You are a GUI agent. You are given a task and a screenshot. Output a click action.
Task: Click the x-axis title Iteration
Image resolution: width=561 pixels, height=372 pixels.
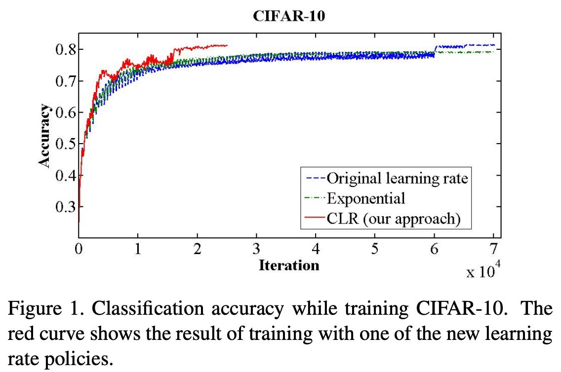tap(289, 265)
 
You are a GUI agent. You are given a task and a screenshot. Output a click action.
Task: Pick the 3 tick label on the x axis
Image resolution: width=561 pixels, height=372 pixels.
tap(257, 249)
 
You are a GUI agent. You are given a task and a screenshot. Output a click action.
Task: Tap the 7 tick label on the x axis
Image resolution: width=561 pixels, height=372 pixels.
tap(494, 249)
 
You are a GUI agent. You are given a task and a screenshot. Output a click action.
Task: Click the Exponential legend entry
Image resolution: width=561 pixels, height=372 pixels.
tap(366, 198)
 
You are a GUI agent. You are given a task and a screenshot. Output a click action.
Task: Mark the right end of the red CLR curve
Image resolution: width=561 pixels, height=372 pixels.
tap(227, 45)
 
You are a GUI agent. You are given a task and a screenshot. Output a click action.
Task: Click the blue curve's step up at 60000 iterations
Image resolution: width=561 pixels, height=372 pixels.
tap(435, 50)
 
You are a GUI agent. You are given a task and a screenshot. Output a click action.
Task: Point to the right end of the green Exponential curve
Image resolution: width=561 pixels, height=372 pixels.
tap(494, 52)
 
